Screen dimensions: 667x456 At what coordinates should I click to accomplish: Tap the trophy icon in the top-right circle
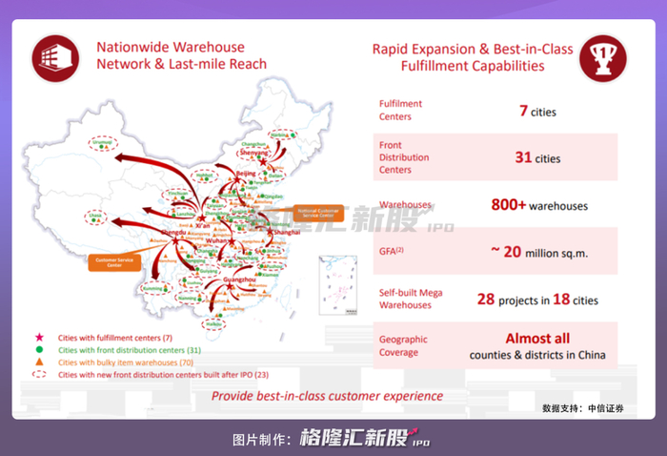(x=605, y=56)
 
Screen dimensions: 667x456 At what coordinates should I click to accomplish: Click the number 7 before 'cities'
(x=523, y=111)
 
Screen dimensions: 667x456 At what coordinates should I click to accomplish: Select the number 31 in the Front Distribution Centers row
(x=523, y=157)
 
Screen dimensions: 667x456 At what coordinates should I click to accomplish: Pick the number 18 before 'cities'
(x=560, y=300)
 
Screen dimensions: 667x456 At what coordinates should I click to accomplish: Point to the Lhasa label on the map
(x=94, y=216)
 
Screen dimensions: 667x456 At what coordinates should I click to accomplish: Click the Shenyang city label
(x=253, y=152)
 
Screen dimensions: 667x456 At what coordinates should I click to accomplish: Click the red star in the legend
(x=40, y=339)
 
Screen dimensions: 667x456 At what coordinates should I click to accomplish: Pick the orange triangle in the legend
(x=40, y=363)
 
